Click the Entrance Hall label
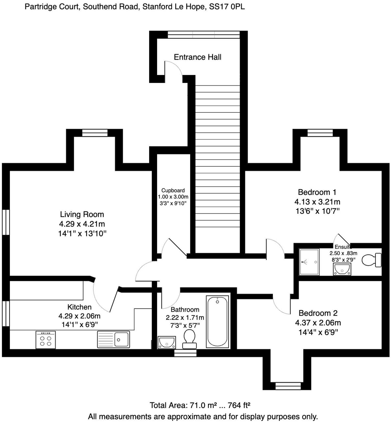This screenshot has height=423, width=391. click(197, 57)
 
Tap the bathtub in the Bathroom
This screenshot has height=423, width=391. click(217, 322)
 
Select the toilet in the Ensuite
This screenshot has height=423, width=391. click(371, 260)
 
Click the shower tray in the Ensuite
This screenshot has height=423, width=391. click(309, 262)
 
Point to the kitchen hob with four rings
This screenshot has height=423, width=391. click(46, 340)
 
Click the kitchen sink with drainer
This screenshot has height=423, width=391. click(113, 339)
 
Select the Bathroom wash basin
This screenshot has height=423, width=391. click(167, 342)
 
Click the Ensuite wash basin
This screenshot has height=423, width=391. click(342, 269)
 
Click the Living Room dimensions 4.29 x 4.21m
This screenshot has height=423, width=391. click(82, 224)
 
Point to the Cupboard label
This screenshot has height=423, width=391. click(173, 190)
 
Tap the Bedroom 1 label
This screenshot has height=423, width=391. click(317, 192)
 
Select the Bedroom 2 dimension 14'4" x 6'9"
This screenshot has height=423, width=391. click(318, 332)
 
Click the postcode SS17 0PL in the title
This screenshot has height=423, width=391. click(227, 7)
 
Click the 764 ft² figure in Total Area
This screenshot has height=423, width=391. click(239, 405)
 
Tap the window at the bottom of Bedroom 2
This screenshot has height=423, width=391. click(287, 386)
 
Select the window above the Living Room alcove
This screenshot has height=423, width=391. click(95, 133)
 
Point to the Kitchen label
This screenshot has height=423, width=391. click(79, 307)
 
